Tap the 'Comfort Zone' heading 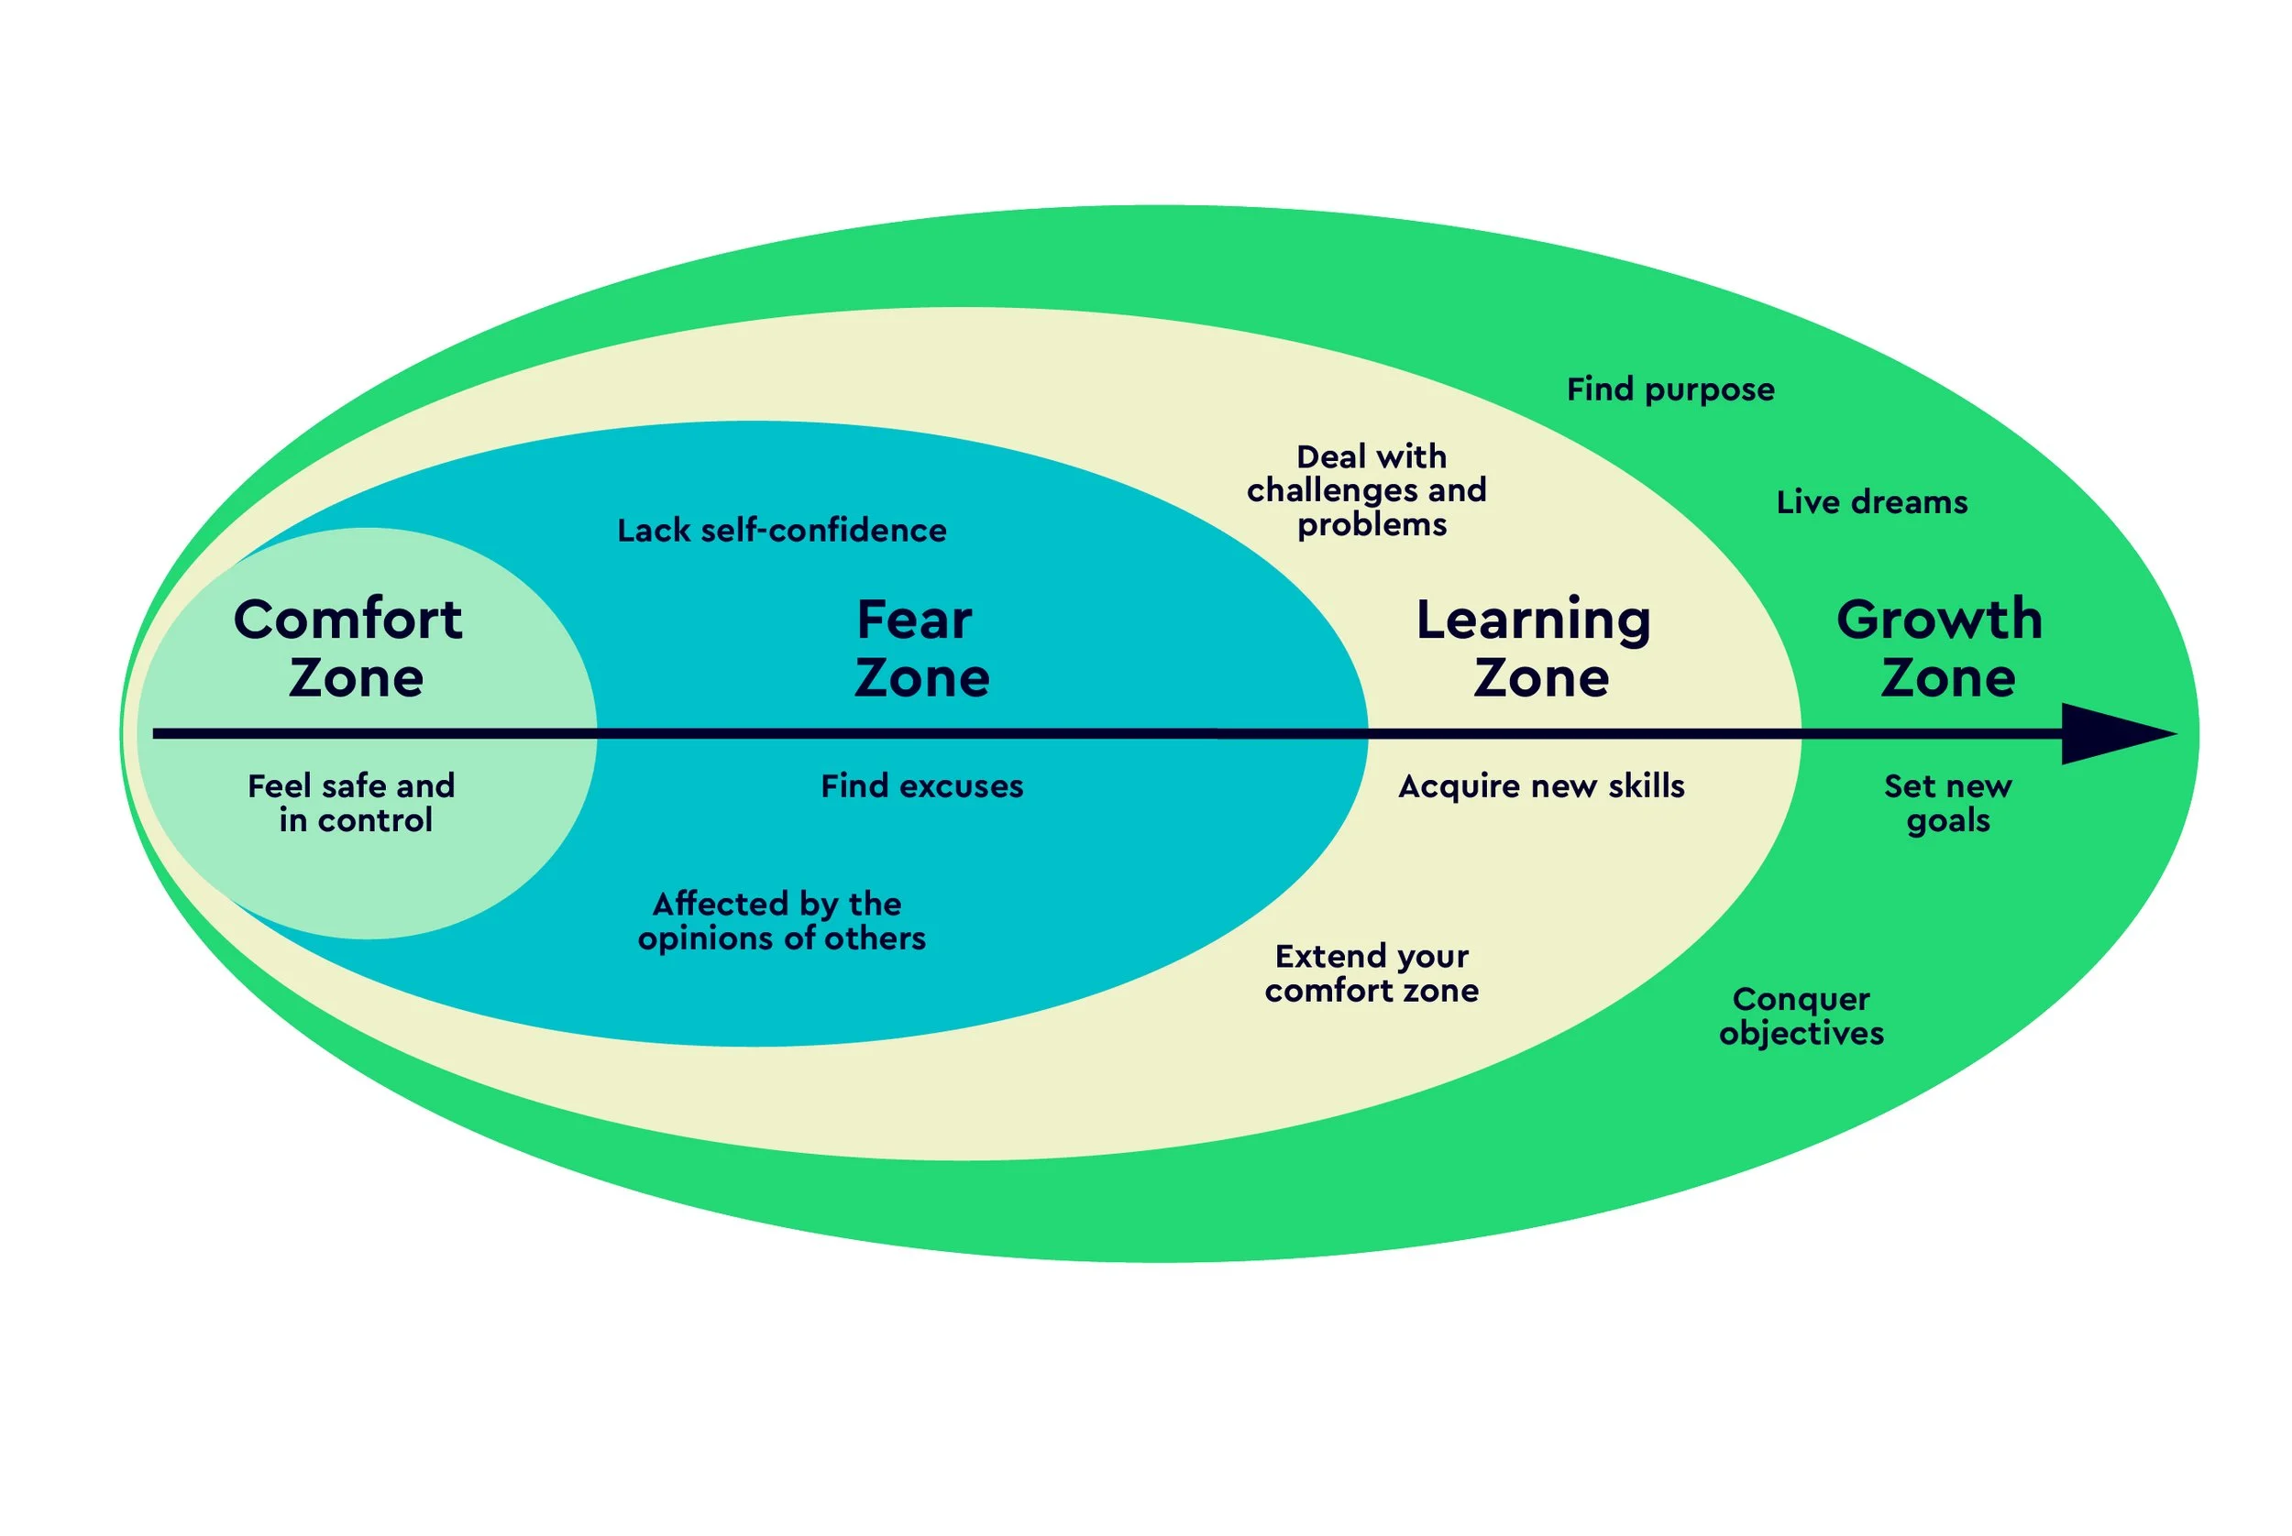click(x=350, y=648)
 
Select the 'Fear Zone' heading click(x=920, y=648)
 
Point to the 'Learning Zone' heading click(x=1536, y=648)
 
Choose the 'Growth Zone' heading click(x=1941, y=648)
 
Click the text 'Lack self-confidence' click(x=781, y=530)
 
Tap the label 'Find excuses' click(x=921, y=785)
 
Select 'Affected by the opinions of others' click(x=780, y=920)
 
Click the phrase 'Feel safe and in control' click(x=353, y=802)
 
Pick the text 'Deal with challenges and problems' click(x=1368, y=489)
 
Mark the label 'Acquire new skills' click(x=1540, y=785)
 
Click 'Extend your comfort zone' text click(x=1371, y=972)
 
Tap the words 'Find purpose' click(x=1669, y=389)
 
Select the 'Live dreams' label click(x=1870, y=501)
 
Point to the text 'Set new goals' click(x=1947, y=802)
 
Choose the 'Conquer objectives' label click(x=1802, y=1015)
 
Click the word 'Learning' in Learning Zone click(x=1534, y=620)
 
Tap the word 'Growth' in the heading click(x=1939, y=620)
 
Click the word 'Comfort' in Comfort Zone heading click(x=347, y=620)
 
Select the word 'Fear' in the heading click(x=914, y=620)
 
